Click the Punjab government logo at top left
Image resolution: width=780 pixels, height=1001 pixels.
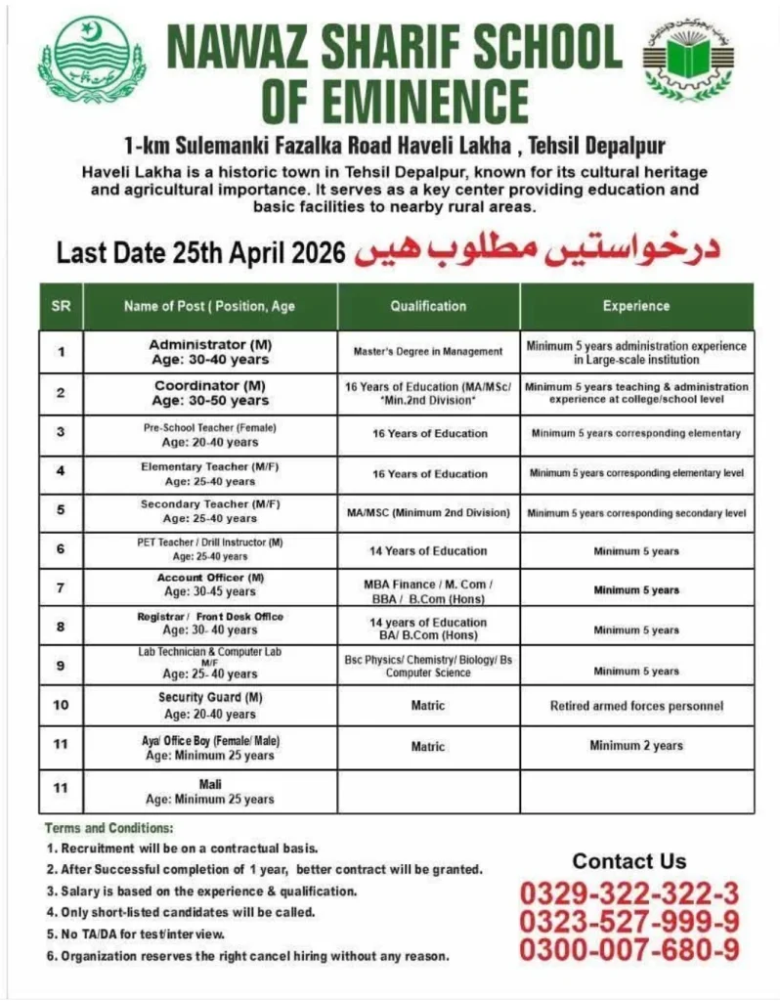(x=91, y=62)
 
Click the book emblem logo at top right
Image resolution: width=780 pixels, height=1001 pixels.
(x=686, y=62)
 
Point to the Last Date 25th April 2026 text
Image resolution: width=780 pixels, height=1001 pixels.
(x=200, y=253)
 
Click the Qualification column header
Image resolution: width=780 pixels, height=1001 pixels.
(x=428, y=306)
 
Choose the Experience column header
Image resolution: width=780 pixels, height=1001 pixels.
(x=635, y=306)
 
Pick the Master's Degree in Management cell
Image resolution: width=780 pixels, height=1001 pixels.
(x=428, y=351)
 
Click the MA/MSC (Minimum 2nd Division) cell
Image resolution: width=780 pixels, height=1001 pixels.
(x=428, y=512)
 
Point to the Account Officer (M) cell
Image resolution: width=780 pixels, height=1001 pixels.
(x=210, y=585)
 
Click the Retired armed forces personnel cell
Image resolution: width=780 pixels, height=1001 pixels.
(x=635, y=706)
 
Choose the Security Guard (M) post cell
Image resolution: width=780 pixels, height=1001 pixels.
(x=210, y=706)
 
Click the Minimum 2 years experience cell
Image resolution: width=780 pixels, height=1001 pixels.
(x=635, y=746)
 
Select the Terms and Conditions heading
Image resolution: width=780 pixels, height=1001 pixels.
(x=108, y=828)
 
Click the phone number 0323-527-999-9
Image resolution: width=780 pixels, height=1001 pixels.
(x=628, y=921)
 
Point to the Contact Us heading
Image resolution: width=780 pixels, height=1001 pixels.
(x=628, y=861)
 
